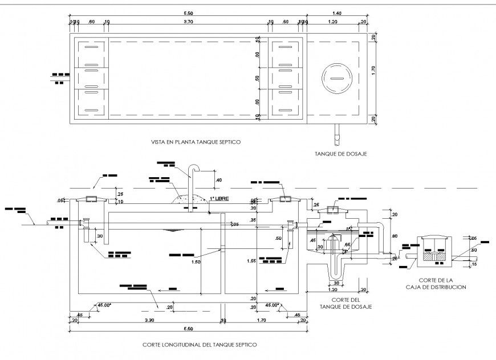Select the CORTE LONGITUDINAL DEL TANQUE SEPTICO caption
point(200,345)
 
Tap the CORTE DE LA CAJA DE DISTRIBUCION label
point(442,284)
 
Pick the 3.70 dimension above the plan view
point(188,22)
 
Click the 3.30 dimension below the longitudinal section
point(149,321)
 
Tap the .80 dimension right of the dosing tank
point(395,234)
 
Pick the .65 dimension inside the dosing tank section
point(347,244)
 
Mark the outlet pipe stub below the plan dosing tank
point(336,134)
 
